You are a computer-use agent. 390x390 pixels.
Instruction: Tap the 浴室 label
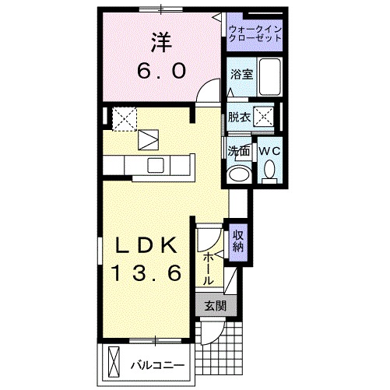tap(241, 76)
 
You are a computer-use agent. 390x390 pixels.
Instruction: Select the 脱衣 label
tap(239, 118)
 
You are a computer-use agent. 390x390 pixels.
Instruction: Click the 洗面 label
tap(238, 149)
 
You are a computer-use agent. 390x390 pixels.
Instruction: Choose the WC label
tap(269, 149)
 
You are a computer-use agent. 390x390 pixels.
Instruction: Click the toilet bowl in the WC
tap(269, 169)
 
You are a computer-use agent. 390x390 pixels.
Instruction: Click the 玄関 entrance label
tap(214, 306)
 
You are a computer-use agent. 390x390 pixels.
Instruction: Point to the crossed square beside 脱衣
tap(265, 118)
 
